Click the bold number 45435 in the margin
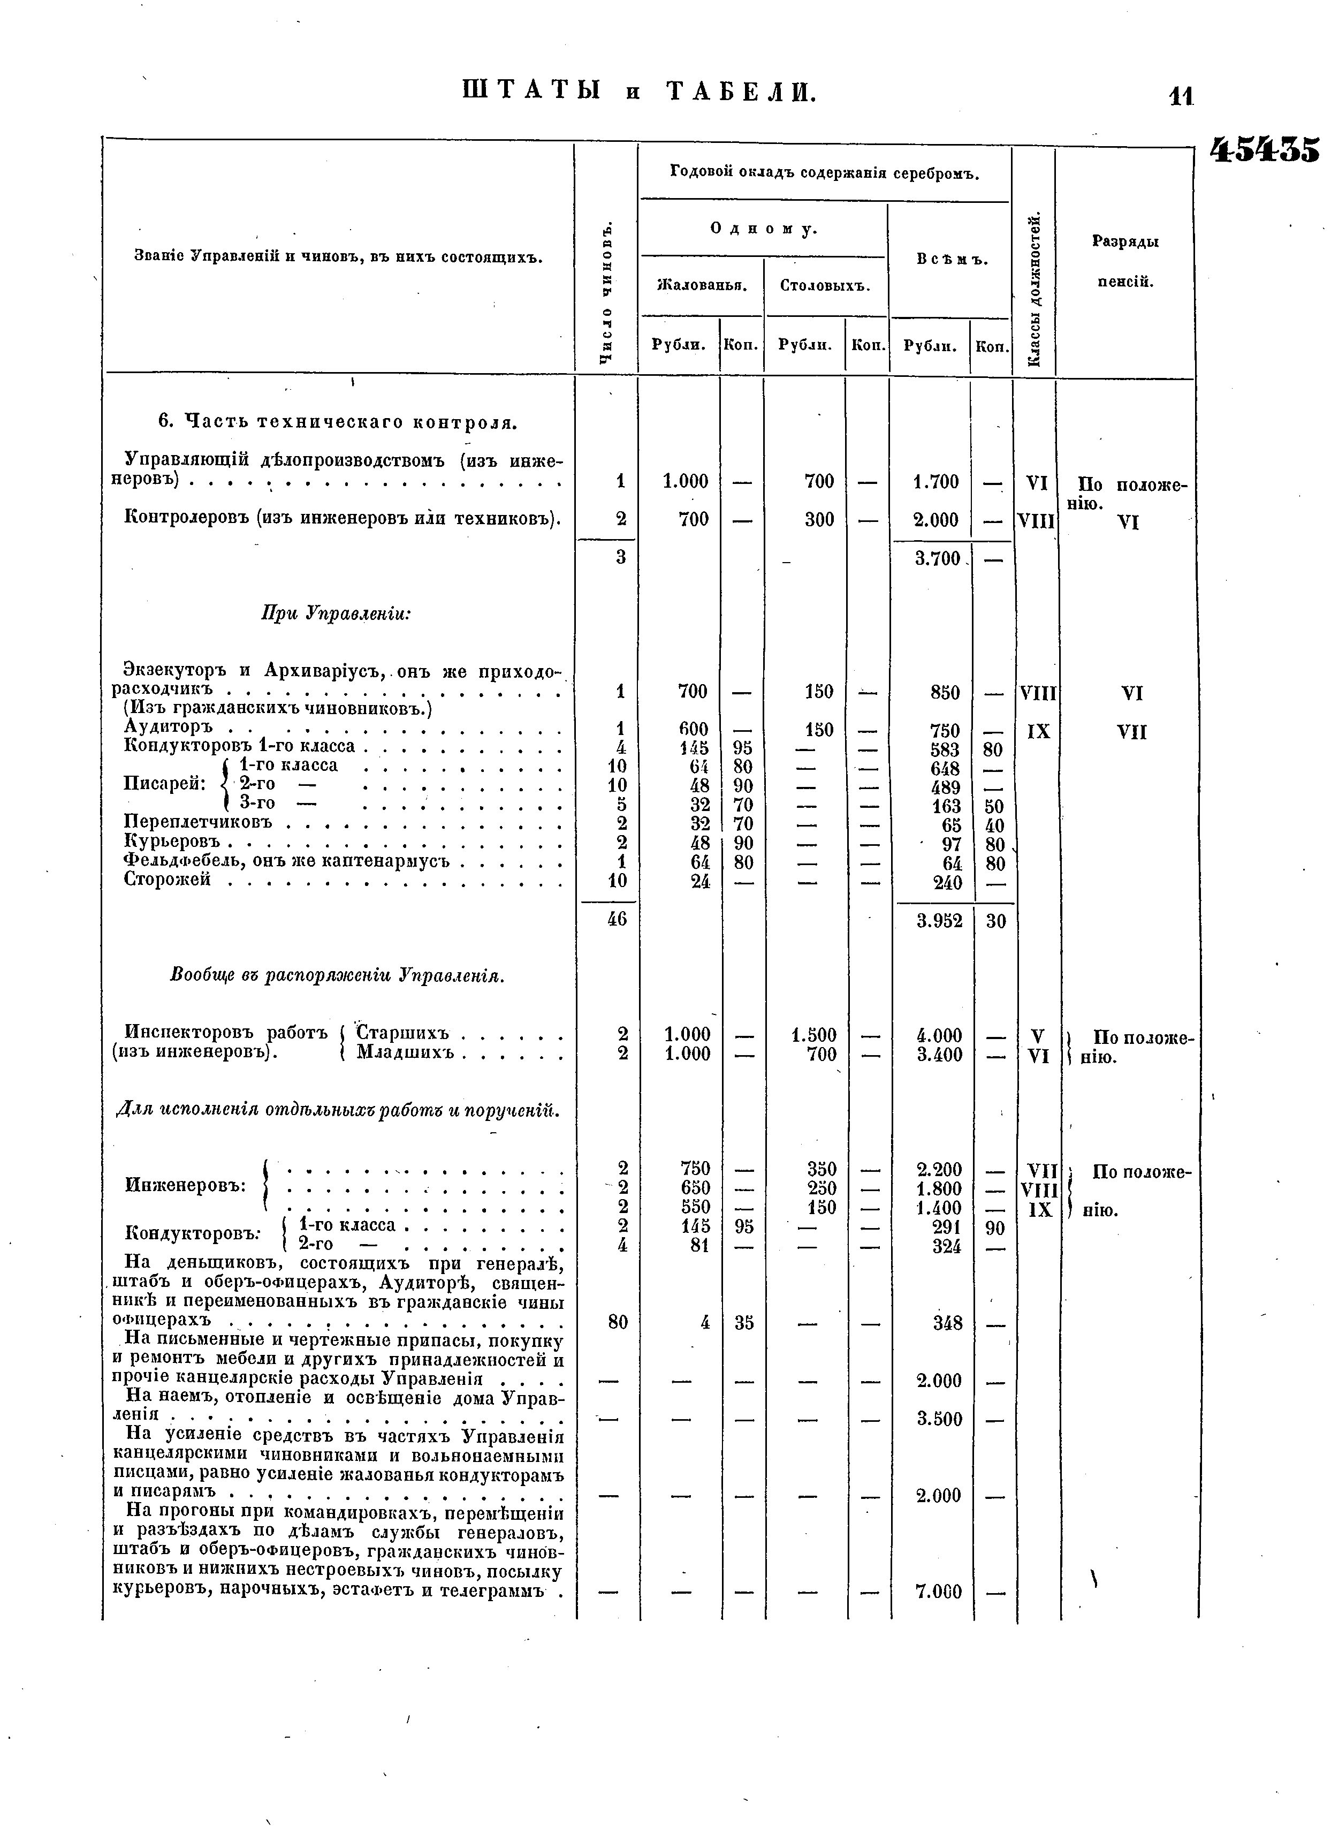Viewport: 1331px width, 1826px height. [1265, 150]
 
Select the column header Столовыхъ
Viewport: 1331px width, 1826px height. [825, 285]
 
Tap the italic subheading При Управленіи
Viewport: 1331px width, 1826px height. [336, 613]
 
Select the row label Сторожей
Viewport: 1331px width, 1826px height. [167, 880]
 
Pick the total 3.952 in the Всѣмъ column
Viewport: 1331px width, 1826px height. [939, 920]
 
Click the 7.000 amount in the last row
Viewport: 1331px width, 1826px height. [939, 1592]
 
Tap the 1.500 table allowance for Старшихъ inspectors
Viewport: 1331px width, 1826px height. [814, 1035]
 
